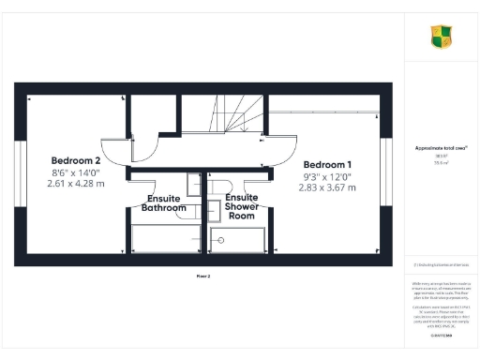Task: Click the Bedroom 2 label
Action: [77, 159]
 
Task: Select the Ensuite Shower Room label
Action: [241, 207]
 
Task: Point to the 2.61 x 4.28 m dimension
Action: [77, 185]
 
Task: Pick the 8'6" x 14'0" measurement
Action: [77, 172]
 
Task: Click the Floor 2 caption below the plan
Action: [203, 277]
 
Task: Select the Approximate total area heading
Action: [441, 148]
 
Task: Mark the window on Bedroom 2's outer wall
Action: [18, 173]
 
